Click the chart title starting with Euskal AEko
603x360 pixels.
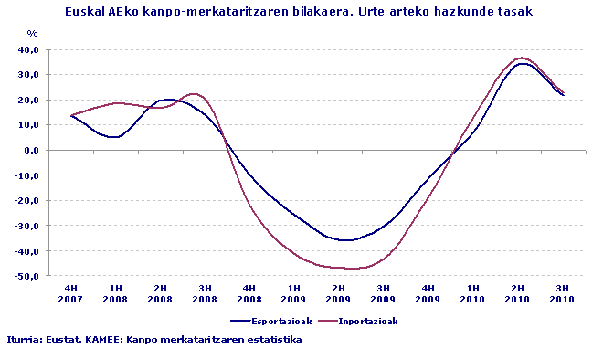[x=299, y=12]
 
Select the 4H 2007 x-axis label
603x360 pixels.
[x=70, y=292]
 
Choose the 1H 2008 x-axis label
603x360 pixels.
[x=115, y=292]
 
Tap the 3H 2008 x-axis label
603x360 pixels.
[x=205, y=292]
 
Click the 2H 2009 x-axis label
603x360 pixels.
[x=339, y=292]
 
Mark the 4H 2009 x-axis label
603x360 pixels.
[x=428, y=292]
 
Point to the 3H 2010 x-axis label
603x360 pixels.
[x=563, y=292]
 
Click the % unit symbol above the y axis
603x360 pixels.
[x=32, y=34]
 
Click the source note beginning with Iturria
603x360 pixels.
[x=153, y=339]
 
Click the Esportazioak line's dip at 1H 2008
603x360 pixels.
[x=113, y=137]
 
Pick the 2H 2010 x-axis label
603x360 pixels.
[x=518, y=292]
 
